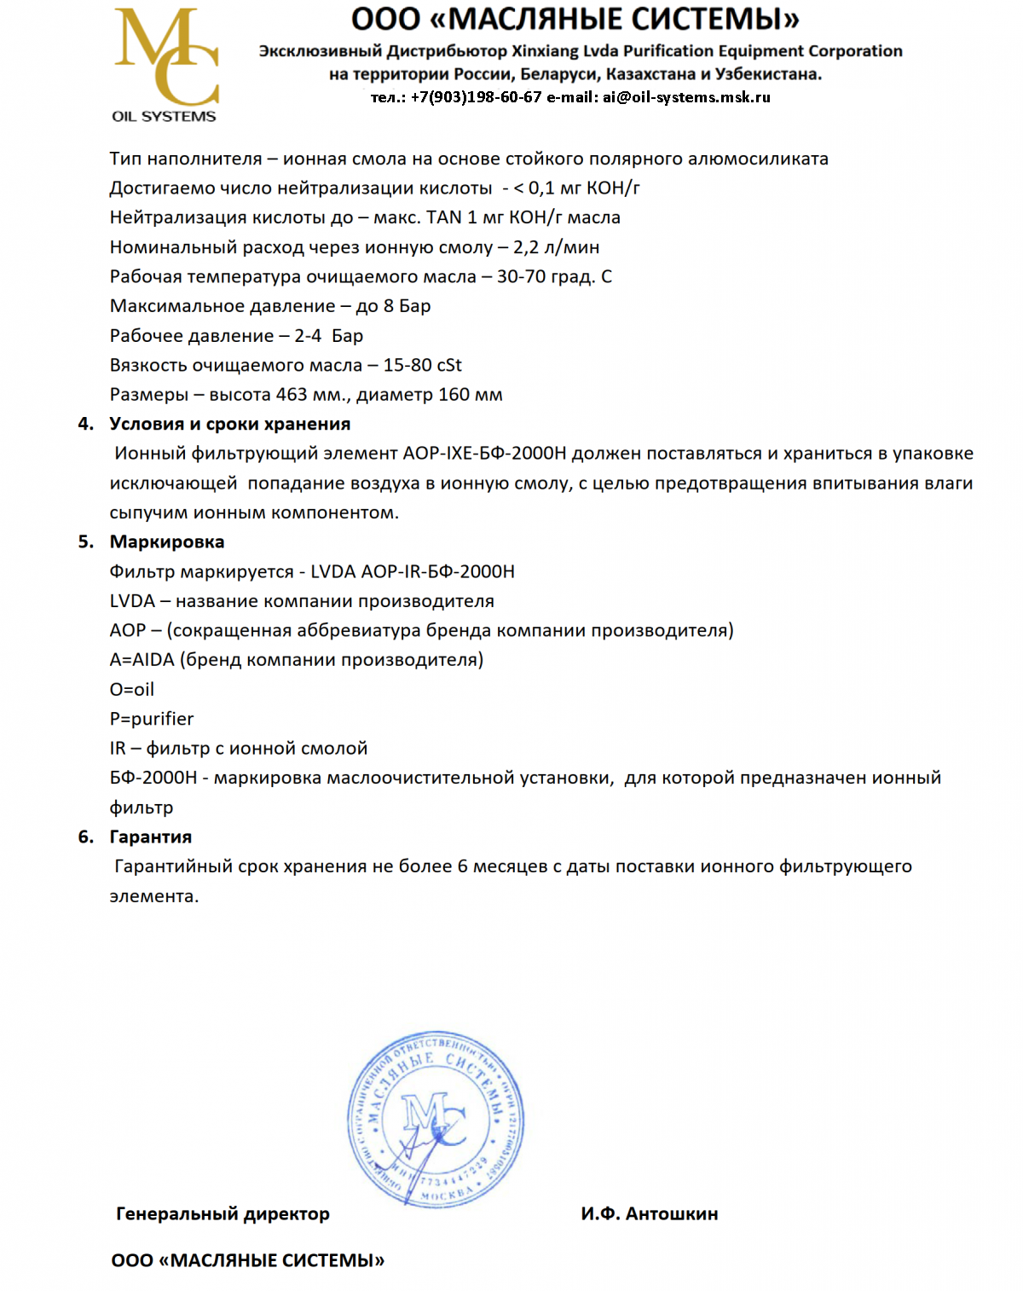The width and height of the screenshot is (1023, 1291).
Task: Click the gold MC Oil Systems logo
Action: [166, 65]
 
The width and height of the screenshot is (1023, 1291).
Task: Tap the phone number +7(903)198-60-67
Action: [476, 97]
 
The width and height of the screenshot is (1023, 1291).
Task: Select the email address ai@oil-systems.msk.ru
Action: [686, 97]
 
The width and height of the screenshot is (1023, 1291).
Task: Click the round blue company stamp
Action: [436, 1118]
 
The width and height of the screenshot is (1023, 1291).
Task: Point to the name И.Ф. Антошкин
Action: [650, 1213]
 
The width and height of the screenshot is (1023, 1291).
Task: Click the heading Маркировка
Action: [167, 542]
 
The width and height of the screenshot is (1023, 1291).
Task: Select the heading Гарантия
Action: [151, 837]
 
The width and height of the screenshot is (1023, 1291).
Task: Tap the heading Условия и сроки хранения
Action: [230, 425]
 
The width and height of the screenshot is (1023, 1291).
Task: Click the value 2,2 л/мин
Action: [556, 248]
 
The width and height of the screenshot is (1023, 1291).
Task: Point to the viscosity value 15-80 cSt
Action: [422, 366]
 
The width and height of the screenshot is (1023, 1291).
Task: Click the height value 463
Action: [292, 396]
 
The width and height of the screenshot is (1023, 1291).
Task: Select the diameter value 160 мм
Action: [471, 396]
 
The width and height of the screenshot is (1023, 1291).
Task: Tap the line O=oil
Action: [132, 690]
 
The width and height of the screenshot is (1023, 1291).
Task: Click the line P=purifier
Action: [152, 720]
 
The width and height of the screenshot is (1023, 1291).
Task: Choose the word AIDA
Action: [153, 660]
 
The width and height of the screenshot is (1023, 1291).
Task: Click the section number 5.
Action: [84, 542]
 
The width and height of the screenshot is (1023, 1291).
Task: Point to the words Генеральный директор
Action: [223, 1213]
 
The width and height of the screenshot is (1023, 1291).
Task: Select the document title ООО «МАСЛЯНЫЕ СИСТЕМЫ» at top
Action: [576, 19]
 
